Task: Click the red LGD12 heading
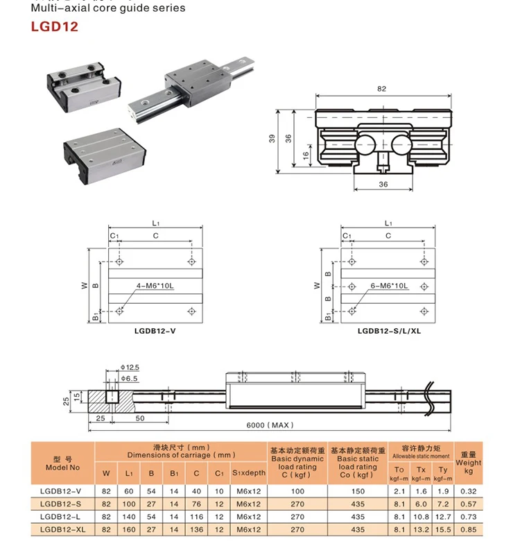pos(54,28)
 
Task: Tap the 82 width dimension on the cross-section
pos(381,89)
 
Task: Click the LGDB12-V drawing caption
pos(155,331)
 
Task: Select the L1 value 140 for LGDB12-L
pos(128,516)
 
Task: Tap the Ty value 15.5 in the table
pos(443,529)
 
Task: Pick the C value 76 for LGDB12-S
pos(196,504)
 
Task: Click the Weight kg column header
pos(468,461)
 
